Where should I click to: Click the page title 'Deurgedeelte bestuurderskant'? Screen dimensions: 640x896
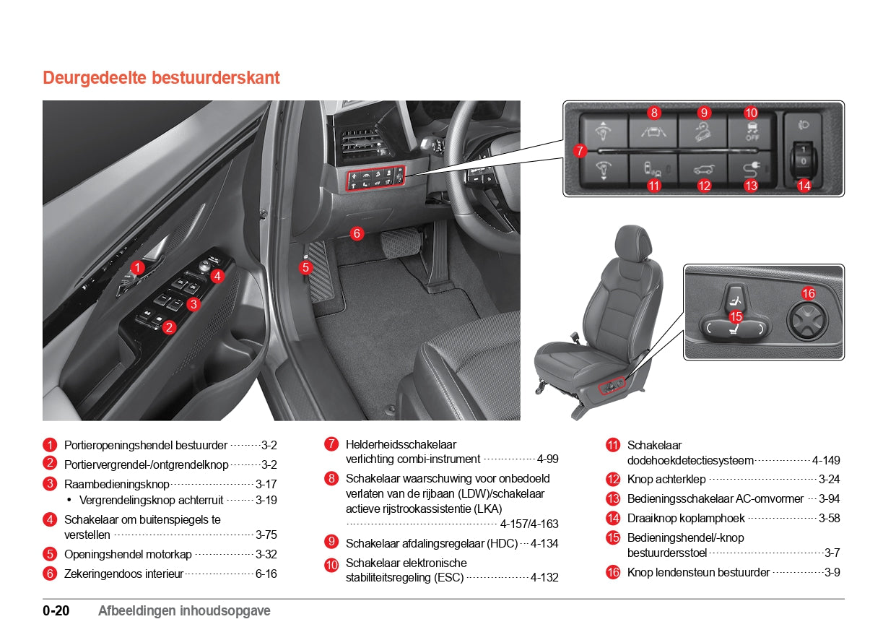click(x=161, y=78)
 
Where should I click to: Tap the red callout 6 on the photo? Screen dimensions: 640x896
click(x=356, y=233)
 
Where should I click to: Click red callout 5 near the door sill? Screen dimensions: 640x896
click(x=305, y=267)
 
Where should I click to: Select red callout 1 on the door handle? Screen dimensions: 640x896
click(x=137, y=267)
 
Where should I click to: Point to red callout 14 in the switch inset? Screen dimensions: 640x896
click(x=804, y=186)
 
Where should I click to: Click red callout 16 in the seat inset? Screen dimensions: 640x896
click(x=809, y=293)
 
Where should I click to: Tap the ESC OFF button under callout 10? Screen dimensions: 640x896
click(x=751, y=131)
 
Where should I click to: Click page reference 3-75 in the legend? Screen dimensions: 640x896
click(x=266, y=535)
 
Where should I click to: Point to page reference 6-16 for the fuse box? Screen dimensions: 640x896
click(x=266, y=574)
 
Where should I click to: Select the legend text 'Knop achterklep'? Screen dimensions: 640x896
click(x=666, y=479)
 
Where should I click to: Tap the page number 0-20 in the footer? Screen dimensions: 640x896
click(x=56, y=611)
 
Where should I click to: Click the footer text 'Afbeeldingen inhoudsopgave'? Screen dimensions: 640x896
click(x=184, y=611)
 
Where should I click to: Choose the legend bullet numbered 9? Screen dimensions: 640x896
click(x=331, y=541)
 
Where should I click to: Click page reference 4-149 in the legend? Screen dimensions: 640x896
click(x=825, y=460)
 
